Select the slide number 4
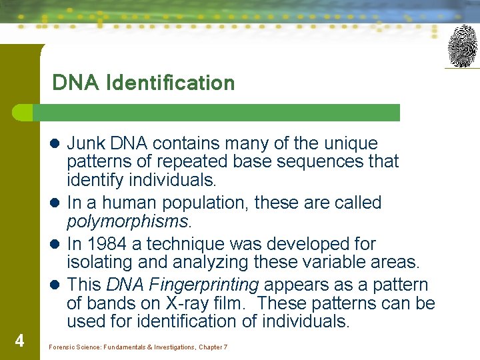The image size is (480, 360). coord(19,341)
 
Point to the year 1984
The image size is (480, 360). coord(107,244)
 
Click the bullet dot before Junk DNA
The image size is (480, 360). coord(57,144)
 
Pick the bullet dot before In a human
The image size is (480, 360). coord(57,203)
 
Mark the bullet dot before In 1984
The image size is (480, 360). coord(57,245)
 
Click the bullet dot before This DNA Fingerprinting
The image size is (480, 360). coord(57,285)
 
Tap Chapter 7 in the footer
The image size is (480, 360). coord(213,347)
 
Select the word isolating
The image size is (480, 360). coord(97,262)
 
